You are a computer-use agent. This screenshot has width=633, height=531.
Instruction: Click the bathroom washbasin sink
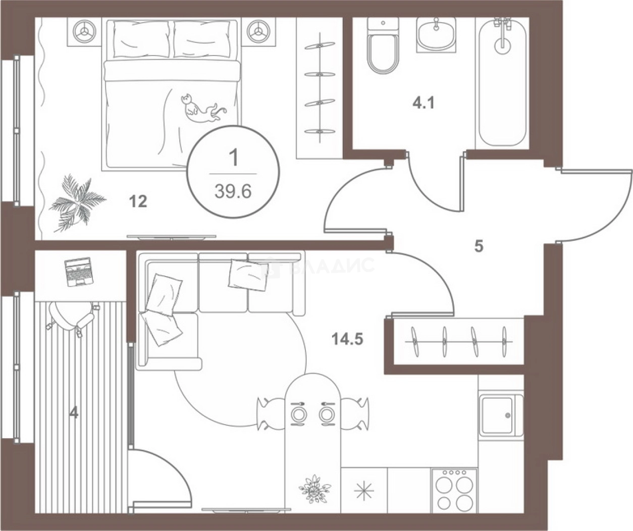436,34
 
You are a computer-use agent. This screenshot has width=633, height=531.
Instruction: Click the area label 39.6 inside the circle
233,191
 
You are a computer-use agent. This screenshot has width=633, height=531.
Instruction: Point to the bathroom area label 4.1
424,103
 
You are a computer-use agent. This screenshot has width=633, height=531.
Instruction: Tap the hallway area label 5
479,246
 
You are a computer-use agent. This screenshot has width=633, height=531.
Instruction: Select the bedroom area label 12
138,201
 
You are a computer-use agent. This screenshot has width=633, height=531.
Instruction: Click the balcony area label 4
74,412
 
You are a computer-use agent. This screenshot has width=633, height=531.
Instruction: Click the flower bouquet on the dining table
314,488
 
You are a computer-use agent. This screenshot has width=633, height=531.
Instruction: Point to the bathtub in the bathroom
503,82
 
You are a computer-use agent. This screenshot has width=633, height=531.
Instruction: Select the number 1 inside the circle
233,158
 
